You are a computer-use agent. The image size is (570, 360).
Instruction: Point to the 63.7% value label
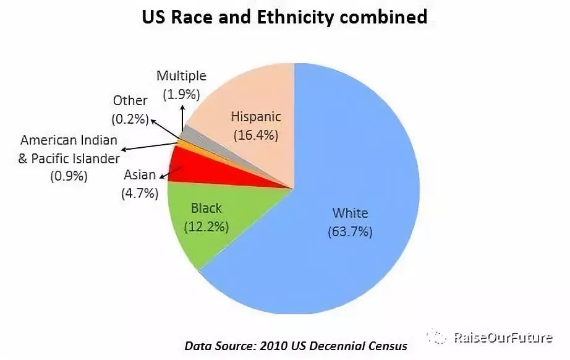click(350, 233)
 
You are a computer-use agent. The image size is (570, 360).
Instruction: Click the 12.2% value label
click(206, 227)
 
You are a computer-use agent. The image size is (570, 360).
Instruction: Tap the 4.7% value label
click(140, 193)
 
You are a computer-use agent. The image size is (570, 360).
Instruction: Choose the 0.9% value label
click(69, 176)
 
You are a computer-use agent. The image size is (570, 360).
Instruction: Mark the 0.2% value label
click(130, 118)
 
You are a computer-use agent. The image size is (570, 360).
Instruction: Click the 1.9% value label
click(181, 95)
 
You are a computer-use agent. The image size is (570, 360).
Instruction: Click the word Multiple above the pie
click(181, 76)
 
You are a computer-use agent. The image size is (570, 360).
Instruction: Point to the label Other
click(130, 100)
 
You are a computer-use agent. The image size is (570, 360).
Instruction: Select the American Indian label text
click(69, 140)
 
